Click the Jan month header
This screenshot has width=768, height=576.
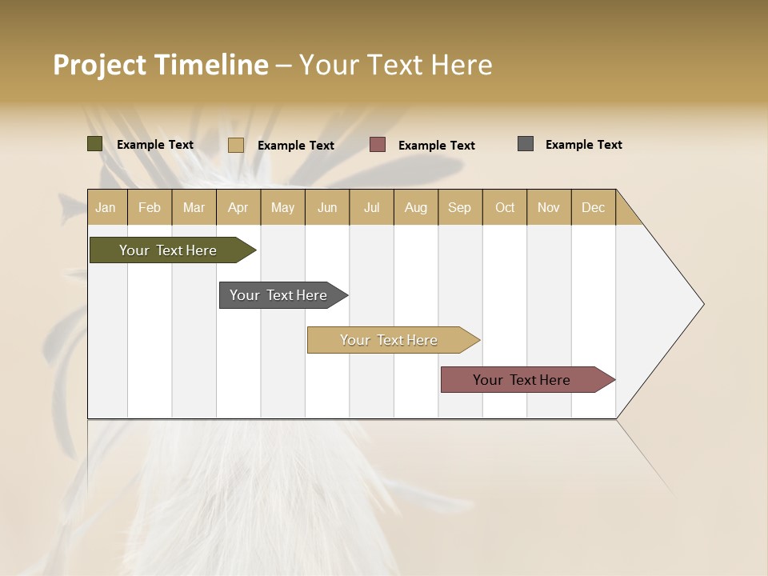(106, 207)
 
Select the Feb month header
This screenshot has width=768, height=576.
(150, 207)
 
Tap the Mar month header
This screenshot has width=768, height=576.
(194, 207)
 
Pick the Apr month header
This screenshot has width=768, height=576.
(238, 207)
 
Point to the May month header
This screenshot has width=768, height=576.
(282, 207)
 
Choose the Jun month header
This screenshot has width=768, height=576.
(327, 207)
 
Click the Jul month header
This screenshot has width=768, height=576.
(371, 207)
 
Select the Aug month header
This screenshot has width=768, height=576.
(415, 207)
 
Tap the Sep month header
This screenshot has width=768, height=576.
(459, 207)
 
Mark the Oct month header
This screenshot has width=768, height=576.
(505, 207)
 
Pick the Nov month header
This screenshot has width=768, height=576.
(549, 207)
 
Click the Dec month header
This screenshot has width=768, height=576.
(593, 207)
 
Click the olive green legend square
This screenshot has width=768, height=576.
(95, 144)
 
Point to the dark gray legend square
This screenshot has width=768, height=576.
(526, 144)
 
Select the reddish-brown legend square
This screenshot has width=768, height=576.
(378, 145)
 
